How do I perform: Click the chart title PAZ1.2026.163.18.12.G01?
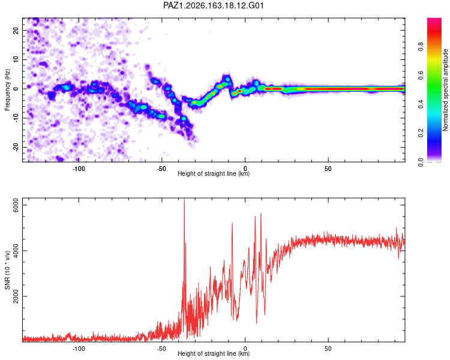click(x=213, y=5)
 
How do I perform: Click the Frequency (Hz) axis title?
click(x=7, y=90)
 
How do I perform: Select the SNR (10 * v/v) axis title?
click(x=7, y=270)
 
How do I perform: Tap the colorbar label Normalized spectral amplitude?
click(x=445, y=90)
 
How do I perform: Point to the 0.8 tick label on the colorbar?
click(x=421, y=46)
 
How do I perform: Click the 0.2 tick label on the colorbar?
click(x=421, y=133)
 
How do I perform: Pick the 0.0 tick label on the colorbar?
click(x=421, y=162)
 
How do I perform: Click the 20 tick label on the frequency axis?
click(x=16, y=31)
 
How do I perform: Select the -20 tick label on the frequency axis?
click(x=16, y=148)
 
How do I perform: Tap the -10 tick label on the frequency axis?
click(x=16, y=118)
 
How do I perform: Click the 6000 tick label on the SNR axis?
click(x=16, y=205)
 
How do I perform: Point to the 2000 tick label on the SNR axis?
click(x=16, y=296)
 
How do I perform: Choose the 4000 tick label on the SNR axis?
click(x=16, y=251)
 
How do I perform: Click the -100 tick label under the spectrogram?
click(x=79, y=169)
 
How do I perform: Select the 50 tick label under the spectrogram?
click(x=328, y=169)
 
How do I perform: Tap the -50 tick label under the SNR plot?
click(x=161, y=349)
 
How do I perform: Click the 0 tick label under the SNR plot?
click(x=245, y=349)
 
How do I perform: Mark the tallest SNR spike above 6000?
click(x=184, y=201)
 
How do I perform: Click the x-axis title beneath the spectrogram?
click(x=214, y=173)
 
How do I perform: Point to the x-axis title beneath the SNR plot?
click(x=214, y=353)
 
